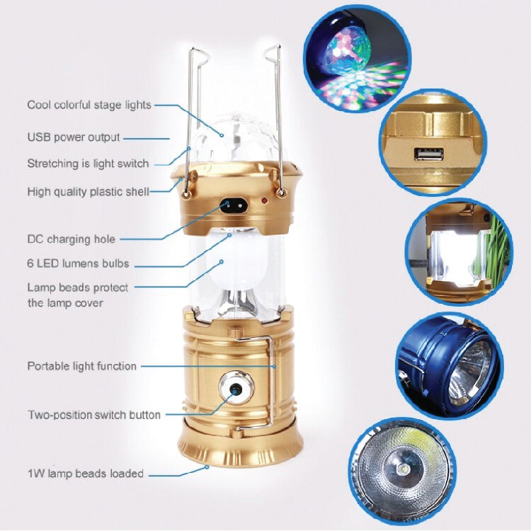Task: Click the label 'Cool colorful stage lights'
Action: click(89, 105)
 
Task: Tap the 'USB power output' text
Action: click(74, 137)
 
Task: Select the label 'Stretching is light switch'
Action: click(88, 164)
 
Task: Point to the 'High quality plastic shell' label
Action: click(88, 192)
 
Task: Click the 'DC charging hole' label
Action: click(71, 239)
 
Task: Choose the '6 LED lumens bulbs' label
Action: click(78, 263)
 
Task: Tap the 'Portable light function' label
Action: click(82, 366)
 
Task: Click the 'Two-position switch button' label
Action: click(94, 415)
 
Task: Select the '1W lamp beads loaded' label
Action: click(86, 473)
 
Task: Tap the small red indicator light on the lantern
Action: click(264, 201)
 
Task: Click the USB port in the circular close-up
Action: click(429, 154)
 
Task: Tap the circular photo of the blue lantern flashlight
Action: click(450, 366)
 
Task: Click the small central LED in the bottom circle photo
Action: click(405, 469)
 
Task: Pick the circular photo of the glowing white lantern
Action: click(459, 253)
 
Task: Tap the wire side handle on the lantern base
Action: click(272, 382)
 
